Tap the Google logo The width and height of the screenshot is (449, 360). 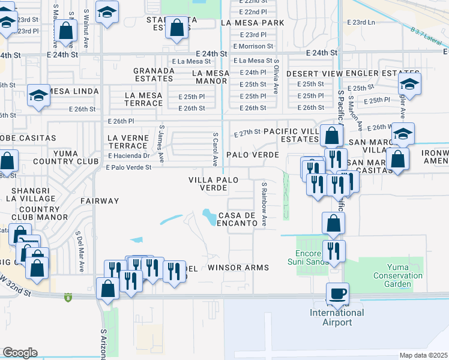click(x=20, y=353)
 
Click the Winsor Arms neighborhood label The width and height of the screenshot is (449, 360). click(x=238, y=267)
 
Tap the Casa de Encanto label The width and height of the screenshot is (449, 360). click(x=242, y=219)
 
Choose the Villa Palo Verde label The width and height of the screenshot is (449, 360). click(x=208, y=183)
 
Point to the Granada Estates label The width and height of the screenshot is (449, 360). click(x=154, y=74)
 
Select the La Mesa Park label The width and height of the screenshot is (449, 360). click(x=252, y=23)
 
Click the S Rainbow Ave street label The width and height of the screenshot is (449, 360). click(x=264, y=205)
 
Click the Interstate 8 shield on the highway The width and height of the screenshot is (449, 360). click(x=67, y=296)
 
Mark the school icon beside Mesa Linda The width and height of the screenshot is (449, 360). click(x=39, y=96)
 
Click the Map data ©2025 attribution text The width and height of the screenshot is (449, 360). click(x=423, y=355)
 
